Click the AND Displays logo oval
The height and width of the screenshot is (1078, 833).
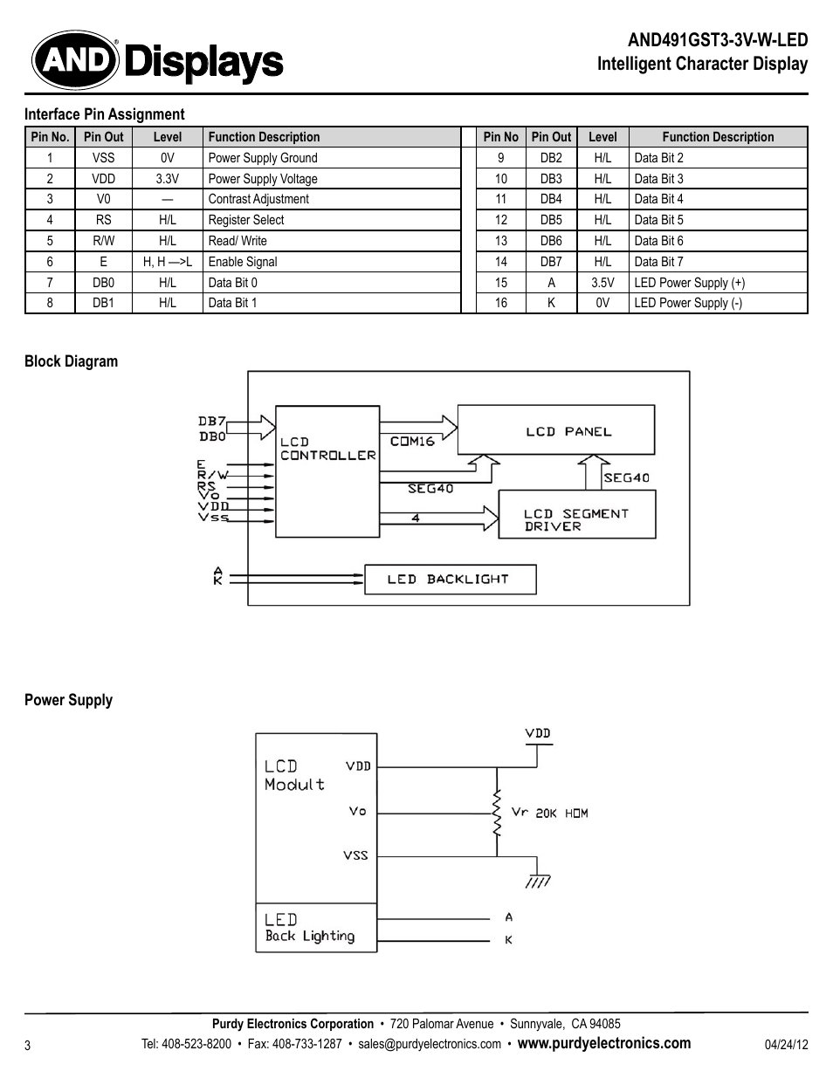click(75, 60)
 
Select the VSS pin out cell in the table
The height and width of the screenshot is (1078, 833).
click(103, 158)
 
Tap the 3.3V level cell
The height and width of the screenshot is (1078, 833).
click(167, 179)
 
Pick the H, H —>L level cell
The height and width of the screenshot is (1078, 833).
click(167, 262)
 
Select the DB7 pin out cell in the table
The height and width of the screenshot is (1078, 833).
click(551, 262)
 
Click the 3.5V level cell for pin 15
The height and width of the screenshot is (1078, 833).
click(602, 283)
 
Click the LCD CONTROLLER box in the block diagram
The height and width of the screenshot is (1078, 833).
click(327, 471)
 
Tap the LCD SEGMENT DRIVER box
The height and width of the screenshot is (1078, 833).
click(576, 515)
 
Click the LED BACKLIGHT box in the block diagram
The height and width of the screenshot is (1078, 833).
click(449, 580)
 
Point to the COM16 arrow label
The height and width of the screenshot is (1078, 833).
click(412, 441)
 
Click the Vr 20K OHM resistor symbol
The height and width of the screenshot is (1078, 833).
click(497, 813)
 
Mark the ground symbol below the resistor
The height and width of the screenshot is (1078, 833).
click(537, 879)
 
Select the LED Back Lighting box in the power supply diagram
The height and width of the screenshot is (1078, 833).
click(315, 927)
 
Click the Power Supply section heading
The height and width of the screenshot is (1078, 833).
click(68, 700)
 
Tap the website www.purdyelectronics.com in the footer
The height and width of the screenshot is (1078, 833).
click(603, 1043)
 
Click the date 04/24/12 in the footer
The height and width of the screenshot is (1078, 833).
click(786, 1045)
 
